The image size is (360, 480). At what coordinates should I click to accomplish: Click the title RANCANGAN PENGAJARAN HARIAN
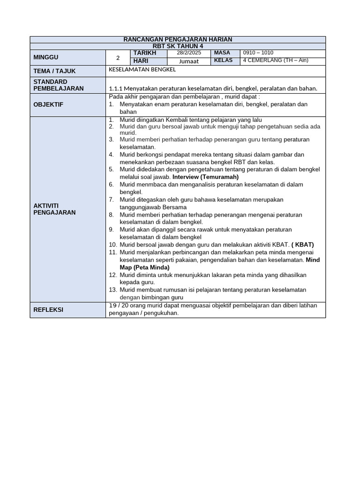(x=178, y=39)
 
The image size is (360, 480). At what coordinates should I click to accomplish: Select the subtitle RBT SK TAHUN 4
(x=178, y=46)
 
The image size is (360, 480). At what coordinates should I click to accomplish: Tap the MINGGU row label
(x=46, y=57)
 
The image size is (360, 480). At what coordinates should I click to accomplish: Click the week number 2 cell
(x=118, y=58)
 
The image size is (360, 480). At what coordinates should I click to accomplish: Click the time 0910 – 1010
(x=258, y=53)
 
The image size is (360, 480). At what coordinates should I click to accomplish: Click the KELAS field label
(x=223, y=60)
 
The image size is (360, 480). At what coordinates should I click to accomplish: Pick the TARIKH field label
(x=144, y=53)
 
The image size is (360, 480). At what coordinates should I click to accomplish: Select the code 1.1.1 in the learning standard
(x=115, y=88)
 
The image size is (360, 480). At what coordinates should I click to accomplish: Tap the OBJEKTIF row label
(x=48, y=105)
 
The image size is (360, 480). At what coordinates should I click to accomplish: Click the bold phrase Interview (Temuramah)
(x=205, y=177)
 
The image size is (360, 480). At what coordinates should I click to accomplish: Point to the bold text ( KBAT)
(x=302, y=245)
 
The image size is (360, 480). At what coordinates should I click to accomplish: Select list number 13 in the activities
(x=112, y=290)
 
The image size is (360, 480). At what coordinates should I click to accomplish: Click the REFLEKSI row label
(x=48, y=310)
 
